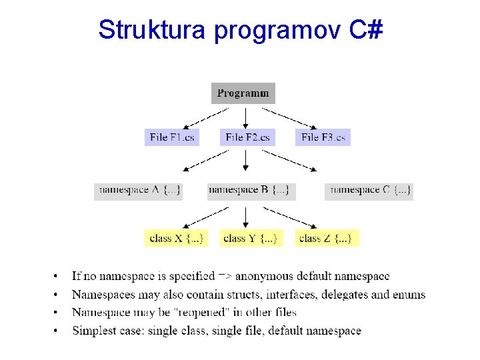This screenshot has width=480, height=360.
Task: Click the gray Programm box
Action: tap(243, 93)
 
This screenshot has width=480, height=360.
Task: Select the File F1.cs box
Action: tap(172, 137)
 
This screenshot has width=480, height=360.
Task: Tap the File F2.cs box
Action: tap(247, 137)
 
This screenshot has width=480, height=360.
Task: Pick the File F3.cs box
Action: tap(323, 137)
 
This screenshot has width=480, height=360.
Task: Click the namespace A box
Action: tap(138, 191)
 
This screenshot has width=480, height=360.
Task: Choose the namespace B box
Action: tap(251, 191)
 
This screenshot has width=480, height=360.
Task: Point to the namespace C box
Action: tap(369, 191)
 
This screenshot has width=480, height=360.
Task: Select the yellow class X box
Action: tap(176, 238)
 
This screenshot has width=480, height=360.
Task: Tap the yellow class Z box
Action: tap(326, 238)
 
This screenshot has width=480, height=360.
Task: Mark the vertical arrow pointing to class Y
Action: tap(246, 217)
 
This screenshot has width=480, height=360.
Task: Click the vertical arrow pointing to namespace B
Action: tap(246, 161)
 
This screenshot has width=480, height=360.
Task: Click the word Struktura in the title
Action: tap(152, 29)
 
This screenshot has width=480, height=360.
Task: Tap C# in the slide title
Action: tap(365, 29)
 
